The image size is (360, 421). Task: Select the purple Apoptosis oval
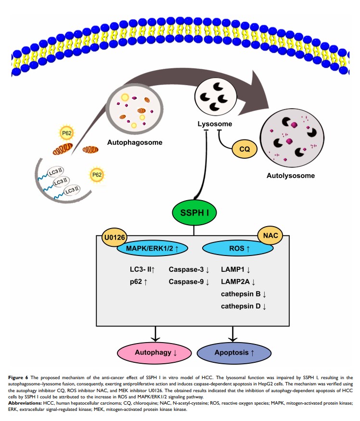(233, 353)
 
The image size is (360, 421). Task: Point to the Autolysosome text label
(291, 176)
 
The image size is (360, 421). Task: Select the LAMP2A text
(238, 281)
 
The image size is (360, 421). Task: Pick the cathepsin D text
(243, 306)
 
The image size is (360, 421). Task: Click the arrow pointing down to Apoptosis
(233, 333)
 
